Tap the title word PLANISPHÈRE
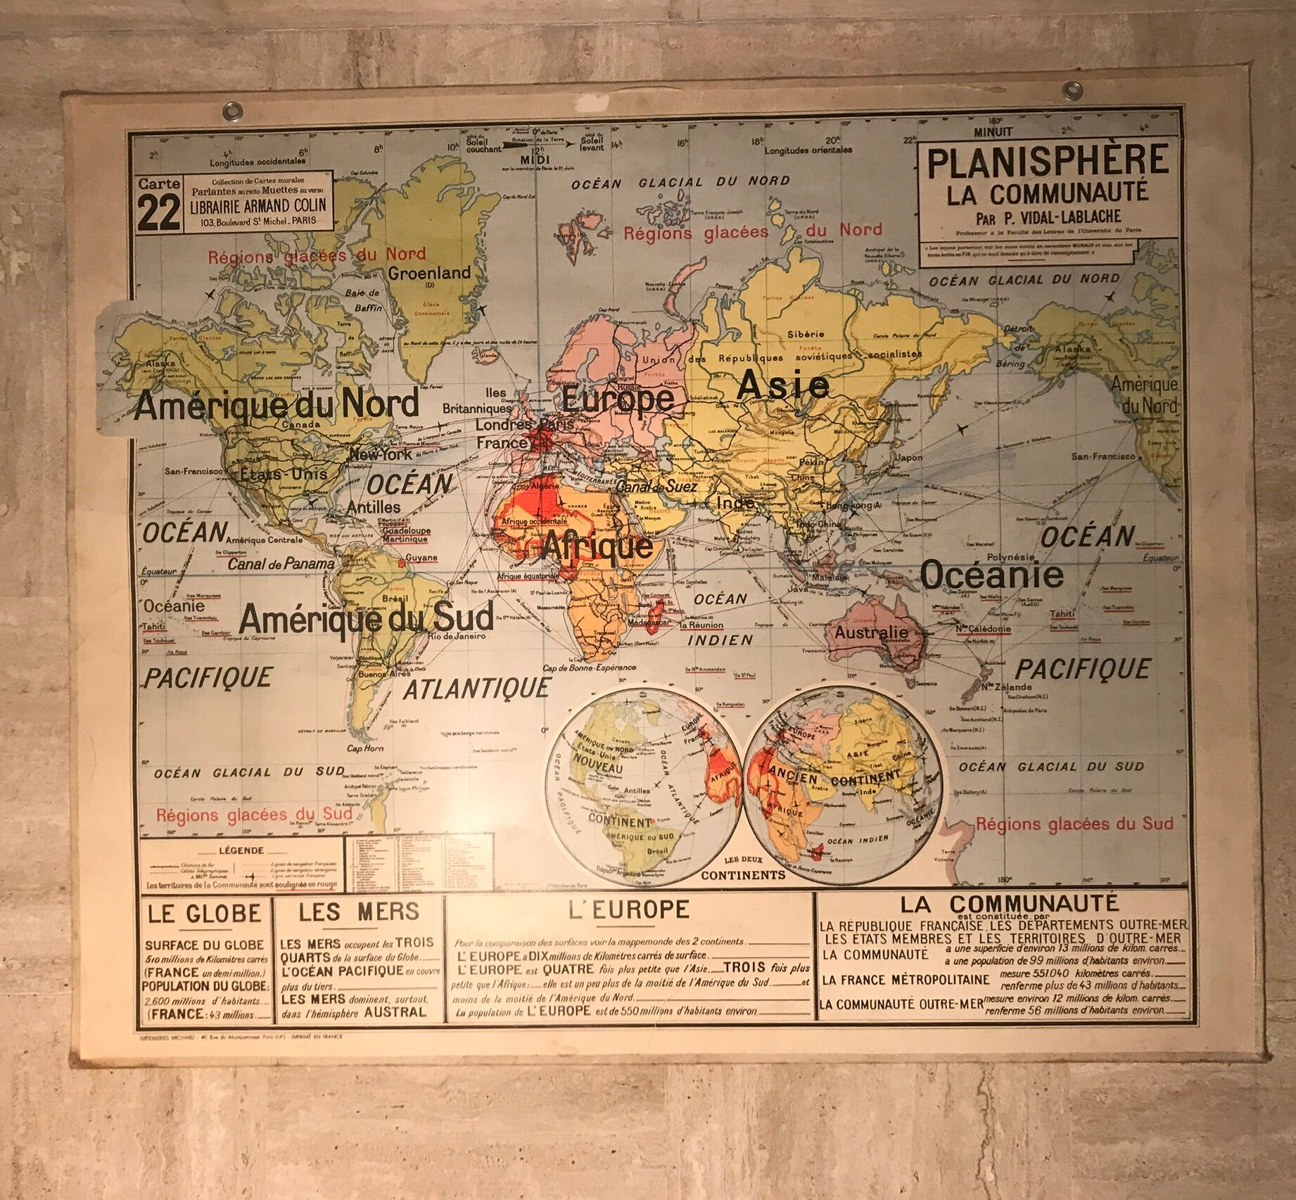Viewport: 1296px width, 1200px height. [x=1048, y=162]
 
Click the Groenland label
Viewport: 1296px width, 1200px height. [x=429, y=273]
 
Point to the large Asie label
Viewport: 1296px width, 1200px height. [x=783, y=385]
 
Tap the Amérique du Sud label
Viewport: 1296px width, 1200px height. [x=366, y=619]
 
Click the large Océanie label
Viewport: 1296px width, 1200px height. [x=992, y=575]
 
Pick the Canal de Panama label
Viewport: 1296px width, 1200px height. [x=281, y=564]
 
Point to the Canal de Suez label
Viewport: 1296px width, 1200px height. [x=657, y=486]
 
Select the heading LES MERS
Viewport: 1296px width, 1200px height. [x=359, y=912]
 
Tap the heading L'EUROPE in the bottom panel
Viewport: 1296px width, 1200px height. [x=629, y=910]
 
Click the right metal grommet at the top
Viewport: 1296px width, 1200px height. [x=1073, y=89]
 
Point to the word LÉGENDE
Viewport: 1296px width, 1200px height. [x=241, y=850]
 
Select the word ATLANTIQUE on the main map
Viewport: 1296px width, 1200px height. [x=476, y=688]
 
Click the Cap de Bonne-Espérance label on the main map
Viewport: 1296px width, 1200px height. [x=590, y=667]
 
